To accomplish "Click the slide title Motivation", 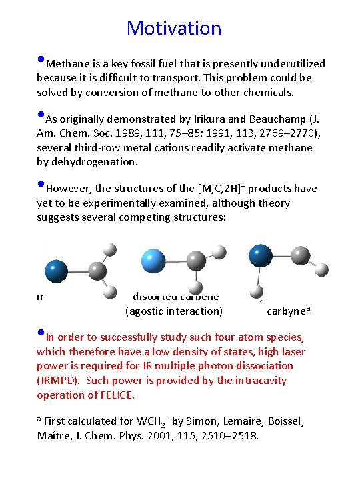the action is [174, 28].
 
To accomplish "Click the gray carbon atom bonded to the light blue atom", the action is [196, 261].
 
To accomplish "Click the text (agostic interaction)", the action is [174, 311].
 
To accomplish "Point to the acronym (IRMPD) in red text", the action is [58, 381].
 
